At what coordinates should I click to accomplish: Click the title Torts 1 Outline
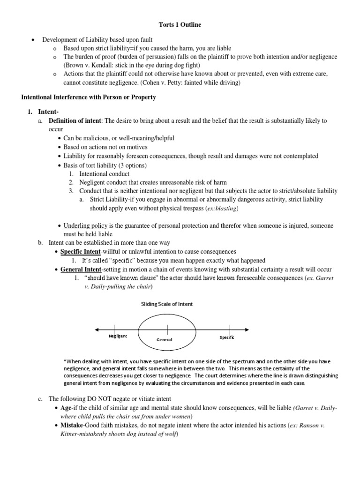pyautogui.click(x=180, y=25)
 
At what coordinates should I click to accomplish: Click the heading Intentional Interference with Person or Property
pyautogui.click(x=89, y=97)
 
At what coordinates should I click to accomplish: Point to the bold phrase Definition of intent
pyautogui.click(x=75, y=120)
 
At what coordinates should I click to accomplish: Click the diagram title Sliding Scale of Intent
pyautogui.click(x=167, y=304)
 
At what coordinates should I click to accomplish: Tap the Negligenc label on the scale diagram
pyautogui.click(x=118, y=337)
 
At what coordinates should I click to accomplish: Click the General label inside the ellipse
pyautogui.click(x=165, y=339)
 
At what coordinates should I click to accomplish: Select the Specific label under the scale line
pyautogui.click(x=227, y=337)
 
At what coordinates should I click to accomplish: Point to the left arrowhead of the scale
pyautogui.click(x=96, y=330)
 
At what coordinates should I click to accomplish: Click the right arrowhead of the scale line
pyautogui.click(x=247, y=330)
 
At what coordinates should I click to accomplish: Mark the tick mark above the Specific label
pyautogui.click(x=230, y=329)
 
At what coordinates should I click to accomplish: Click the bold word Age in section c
pyautogui.click(x=66, y=408)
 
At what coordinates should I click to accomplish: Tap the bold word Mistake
pyautogui.click(x=72, y=426)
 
